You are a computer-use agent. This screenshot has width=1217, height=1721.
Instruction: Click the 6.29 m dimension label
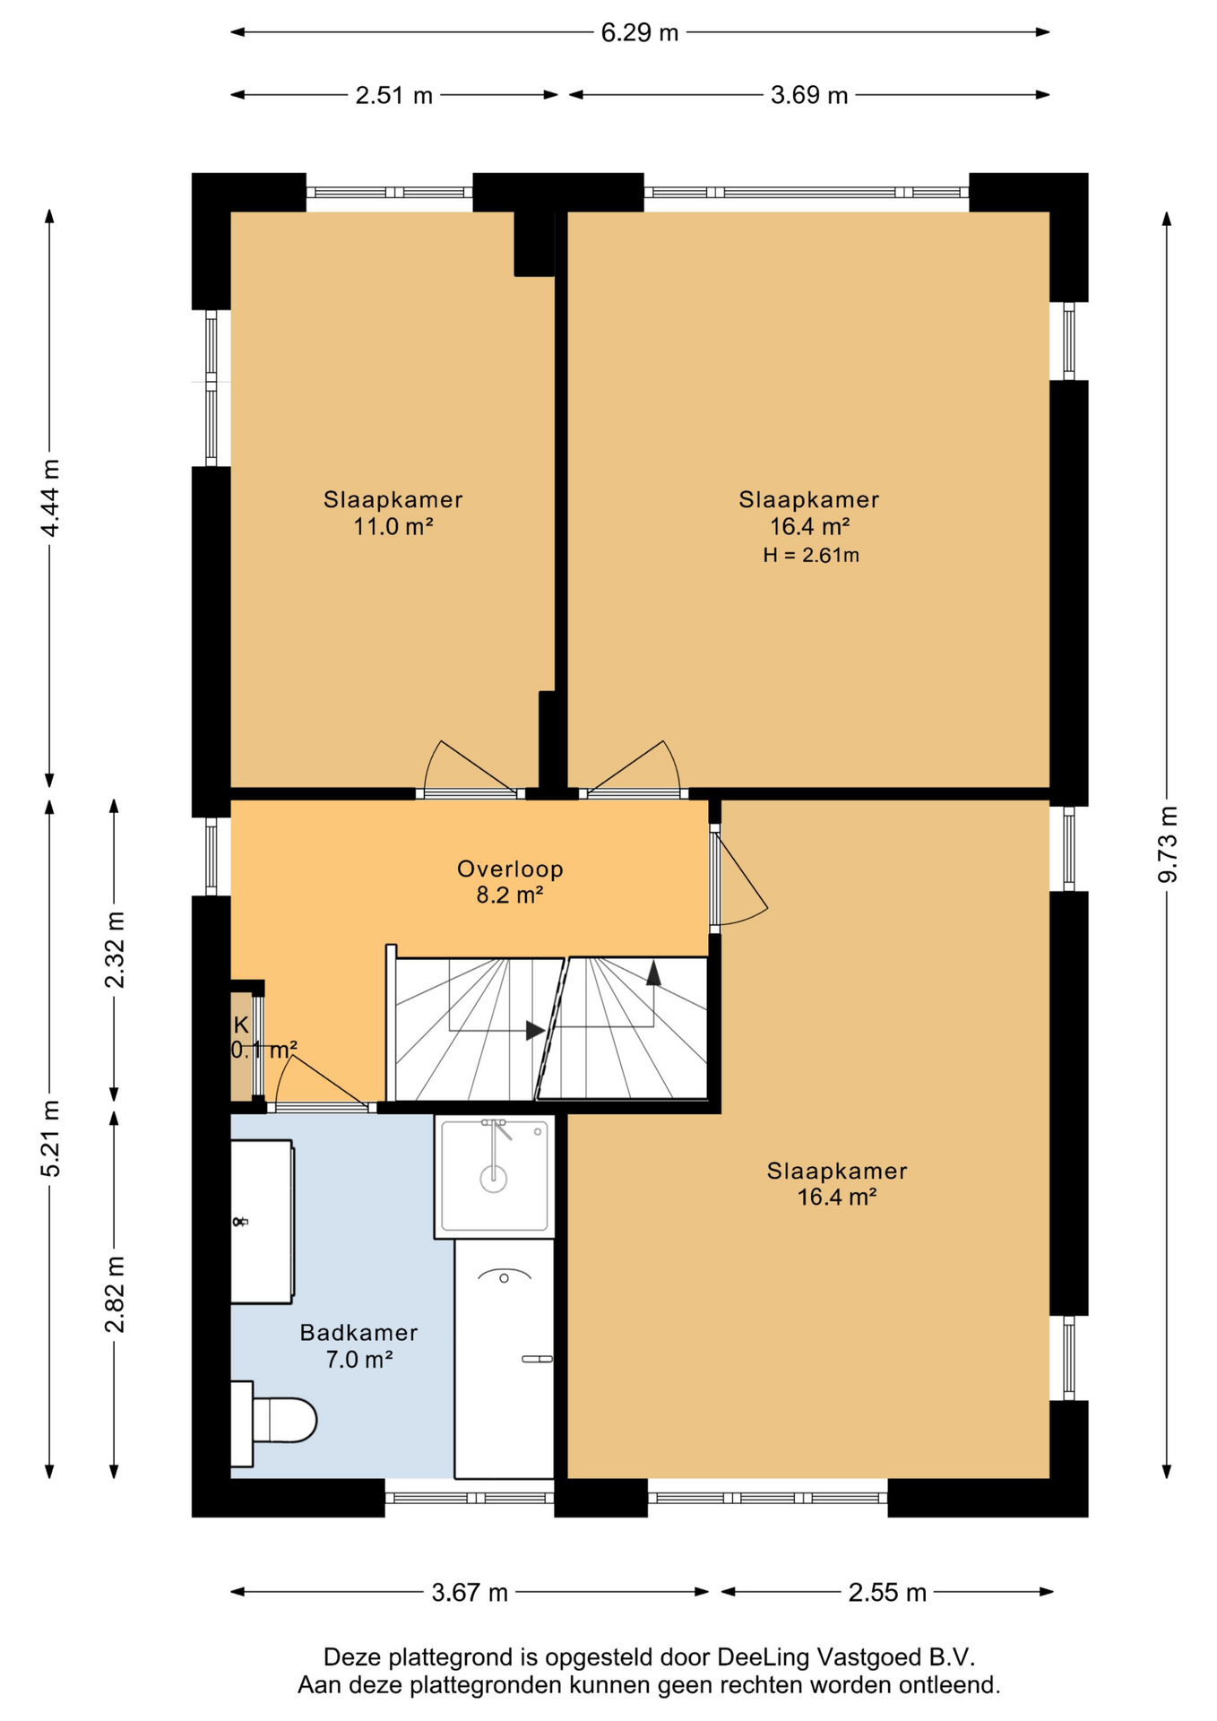point(640,33)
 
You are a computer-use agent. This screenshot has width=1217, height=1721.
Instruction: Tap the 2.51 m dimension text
point(394,96)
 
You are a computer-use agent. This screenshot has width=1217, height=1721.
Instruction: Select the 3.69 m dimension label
point(809,96)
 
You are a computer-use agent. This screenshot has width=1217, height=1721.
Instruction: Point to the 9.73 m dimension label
point(1168,844)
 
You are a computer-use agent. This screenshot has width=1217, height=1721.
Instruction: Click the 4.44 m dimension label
point(50,498)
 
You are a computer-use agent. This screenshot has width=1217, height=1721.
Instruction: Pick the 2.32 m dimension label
point(115,949)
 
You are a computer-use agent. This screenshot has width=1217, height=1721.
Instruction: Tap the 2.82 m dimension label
point(115,1294)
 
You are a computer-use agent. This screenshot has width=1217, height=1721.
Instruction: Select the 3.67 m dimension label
point(470,1593)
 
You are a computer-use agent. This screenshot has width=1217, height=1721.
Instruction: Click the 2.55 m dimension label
point(887,1593)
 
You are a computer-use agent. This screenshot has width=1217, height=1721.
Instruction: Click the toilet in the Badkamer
point(273,1423)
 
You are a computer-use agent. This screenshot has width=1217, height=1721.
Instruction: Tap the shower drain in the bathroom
point(494,1180)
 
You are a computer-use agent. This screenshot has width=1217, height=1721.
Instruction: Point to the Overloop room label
point(510,869)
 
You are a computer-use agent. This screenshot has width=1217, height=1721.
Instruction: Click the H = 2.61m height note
point(811,556)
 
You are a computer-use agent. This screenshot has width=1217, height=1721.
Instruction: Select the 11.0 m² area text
point(393,527)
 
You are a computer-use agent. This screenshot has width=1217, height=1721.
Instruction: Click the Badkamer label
point(358,1333)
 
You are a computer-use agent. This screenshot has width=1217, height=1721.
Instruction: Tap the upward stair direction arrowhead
point(653,973)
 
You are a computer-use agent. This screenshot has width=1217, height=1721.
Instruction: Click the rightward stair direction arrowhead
point(535,1031)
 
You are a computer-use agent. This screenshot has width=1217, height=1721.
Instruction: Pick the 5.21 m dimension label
point(50,1138)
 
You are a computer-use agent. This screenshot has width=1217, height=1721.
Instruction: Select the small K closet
point(242,1046)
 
